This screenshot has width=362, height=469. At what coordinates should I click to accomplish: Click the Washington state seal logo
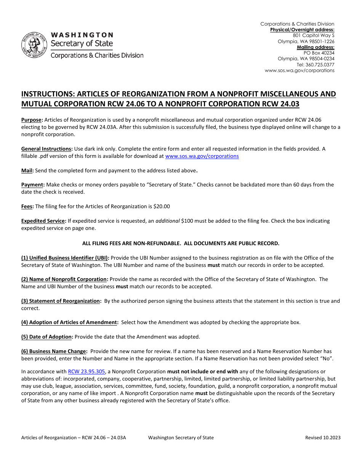[x=34, y=45]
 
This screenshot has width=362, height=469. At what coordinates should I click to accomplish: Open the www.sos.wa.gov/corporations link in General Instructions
[x=202, y=156]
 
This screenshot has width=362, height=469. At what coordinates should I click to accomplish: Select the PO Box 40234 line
[x=319, y=53]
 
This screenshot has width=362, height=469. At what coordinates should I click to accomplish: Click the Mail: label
[x=27, y=170]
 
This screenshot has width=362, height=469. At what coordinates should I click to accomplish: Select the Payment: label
[x=33, y=185]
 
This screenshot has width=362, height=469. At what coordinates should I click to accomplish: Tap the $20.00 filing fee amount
[x=162, y=206]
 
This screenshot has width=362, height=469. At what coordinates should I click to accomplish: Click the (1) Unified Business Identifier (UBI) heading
[x=65, y=258]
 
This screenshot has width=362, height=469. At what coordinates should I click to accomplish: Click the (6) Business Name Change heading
[x=54, y=351]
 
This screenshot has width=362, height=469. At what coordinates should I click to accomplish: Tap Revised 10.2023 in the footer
[x=323, y=438]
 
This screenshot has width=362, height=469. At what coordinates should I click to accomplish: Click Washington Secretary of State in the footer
[x=181, y=438]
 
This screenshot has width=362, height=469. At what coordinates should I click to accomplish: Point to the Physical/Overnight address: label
[x=302, y=30]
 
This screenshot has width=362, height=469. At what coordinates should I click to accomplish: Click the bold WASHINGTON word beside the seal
[x=82, y=35]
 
